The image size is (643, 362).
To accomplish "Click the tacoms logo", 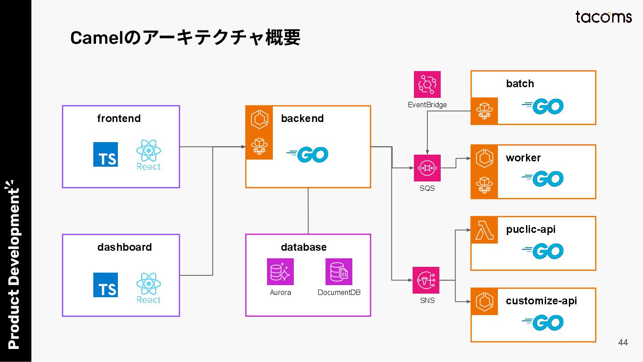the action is point(603,17).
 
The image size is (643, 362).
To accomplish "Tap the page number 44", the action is point(623,342).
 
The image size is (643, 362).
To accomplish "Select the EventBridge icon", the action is point(427,84).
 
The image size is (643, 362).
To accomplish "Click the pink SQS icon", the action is point(427,168).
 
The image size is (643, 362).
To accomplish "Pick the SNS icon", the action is point(426,280).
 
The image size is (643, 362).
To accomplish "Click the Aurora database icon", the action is point(280,272).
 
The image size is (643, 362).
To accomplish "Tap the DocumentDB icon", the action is point(339,272).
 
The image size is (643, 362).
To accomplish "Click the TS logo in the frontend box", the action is point(106,154).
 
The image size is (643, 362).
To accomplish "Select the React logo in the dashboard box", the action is point(148,288).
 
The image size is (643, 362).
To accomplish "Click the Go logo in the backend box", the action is point(307,155).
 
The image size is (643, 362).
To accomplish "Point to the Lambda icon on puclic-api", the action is point(484,230).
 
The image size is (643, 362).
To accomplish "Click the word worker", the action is point(523,158).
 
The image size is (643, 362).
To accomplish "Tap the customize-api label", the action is point(541,301).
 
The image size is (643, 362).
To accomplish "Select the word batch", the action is point(520,84).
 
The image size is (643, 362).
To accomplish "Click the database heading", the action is point(304,247).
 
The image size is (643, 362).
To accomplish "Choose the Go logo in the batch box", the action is point(543,106).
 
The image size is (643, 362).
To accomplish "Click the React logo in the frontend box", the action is point(148,155).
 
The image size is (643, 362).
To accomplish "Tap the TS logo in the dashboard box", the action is point(106,285).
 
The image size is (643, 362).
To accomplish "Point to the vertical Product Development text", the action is point(13,265).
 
